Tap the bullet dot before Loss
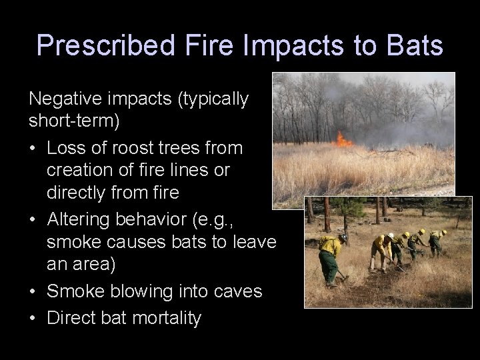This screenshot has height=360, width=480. click(33, 147)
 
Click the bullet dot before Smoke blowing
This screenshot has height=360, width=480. click(33, 292)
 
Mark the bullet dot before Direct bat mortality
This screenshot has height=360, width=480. click(33, 317)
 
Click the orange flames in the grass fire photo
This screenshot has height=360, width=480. click(344, 141)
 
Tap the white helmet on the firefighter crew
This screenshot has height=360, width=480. click(406, 235)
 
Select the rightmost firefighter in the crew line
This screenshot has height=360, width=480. click(437, 243)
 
